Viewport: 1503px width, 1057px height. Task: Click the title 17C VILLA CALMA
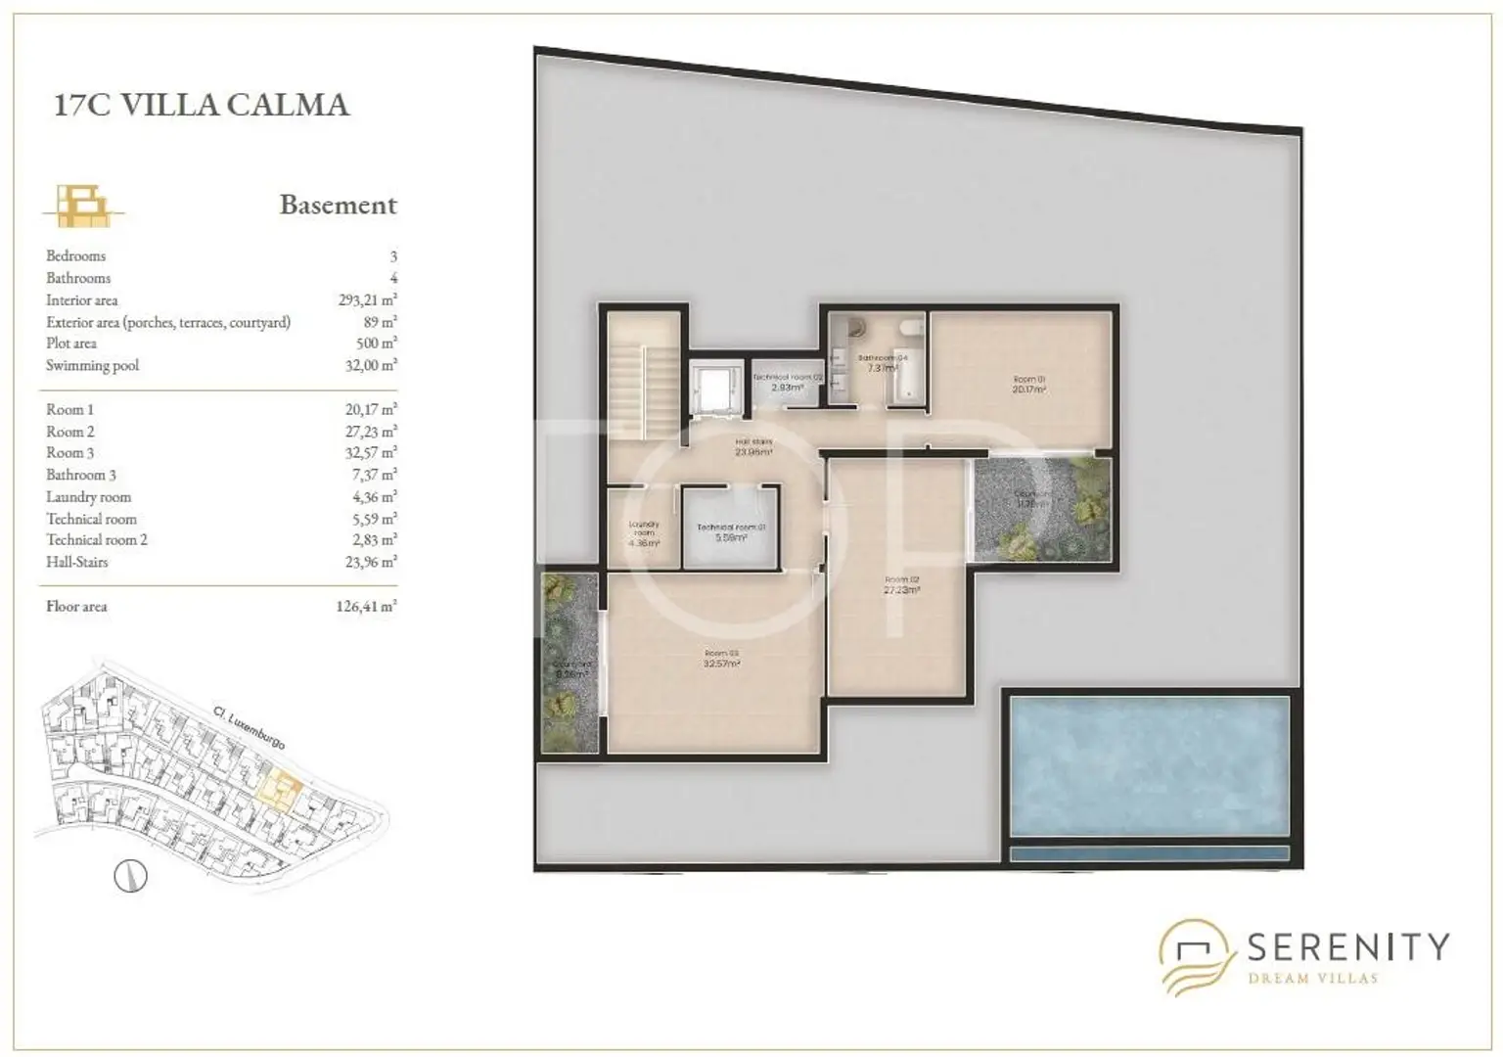tap(201, 105)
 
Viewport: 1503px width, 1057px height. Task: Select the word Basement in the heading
tap(338, 205)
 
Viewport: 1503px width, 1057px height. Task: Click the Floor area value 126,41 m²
tap(365, 607)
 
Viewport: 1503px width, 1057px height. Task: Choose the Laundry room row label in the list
tap(88, 497)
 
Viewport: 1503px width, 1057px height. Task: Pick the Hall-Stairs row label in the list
tap(76, 563)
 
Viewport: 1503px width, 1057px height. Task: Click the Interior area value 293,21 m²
tap(367, 300)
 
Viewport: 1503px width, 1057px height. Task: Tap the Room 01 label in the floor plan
tap(1028, 384)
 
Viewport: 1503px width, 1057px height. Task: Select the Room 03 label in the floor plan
tap(720, 658)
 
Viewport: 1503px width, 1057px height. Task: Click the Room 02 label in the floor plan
tap(900, 584)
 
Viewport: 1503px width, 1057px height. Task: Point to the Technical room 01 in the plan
tap(730, 531)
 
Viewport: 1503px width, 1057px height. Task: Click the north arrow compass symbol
tap(130, 875)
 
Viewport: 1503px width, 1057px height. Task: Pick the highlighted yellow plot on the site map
tap(284, 787)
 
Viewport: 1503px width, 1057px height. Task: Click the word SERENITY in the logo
tap(1347, 946)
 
